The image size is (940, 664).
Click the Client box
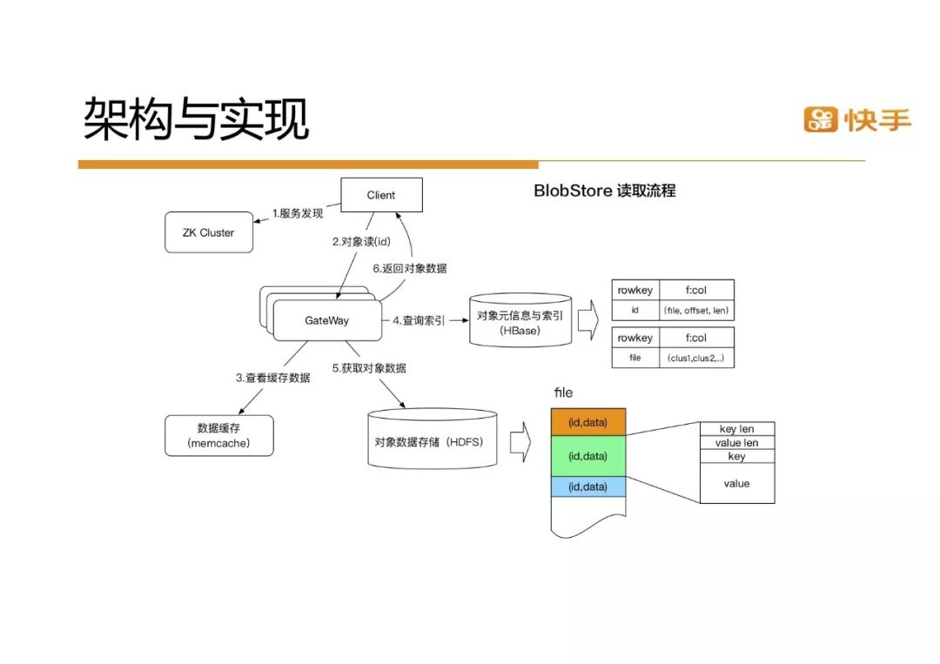(x=381, y=195)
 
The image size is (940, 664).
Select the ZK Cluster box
(x=208, y=233)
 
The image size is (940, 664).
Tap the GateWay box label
(x=326, y=321)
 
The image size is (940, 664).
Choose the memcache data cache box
(x=218, y=435)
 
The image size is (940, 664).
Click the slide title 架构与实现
(x=197, y=119)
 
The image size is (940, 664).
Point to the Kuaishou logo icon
(x=820, y=119)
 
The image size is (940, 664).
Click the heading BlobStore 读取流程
(x=604, y=191)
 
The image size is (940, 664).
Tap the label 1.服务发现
(x=298, y=213)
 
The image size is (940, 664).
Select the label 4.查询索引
(x=419, y=321)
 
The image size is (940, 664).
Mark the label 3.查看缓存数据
(x=272, y=378)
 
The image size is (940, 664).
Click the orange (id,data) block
(x=587, y=422)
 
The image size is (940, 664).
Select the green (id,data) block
(x=587, y=456)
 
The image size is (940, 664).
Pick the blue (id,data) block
(x=587, y=487)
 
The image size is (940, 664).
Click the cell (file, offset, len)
(x=696, y=310)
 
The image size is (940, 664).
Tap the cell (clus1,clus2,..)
(x=696, y=358)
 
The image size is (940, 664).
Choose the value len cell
(x=736, y=443)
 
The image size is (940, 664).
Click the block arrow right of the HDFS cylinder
(x=520, y=441)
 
